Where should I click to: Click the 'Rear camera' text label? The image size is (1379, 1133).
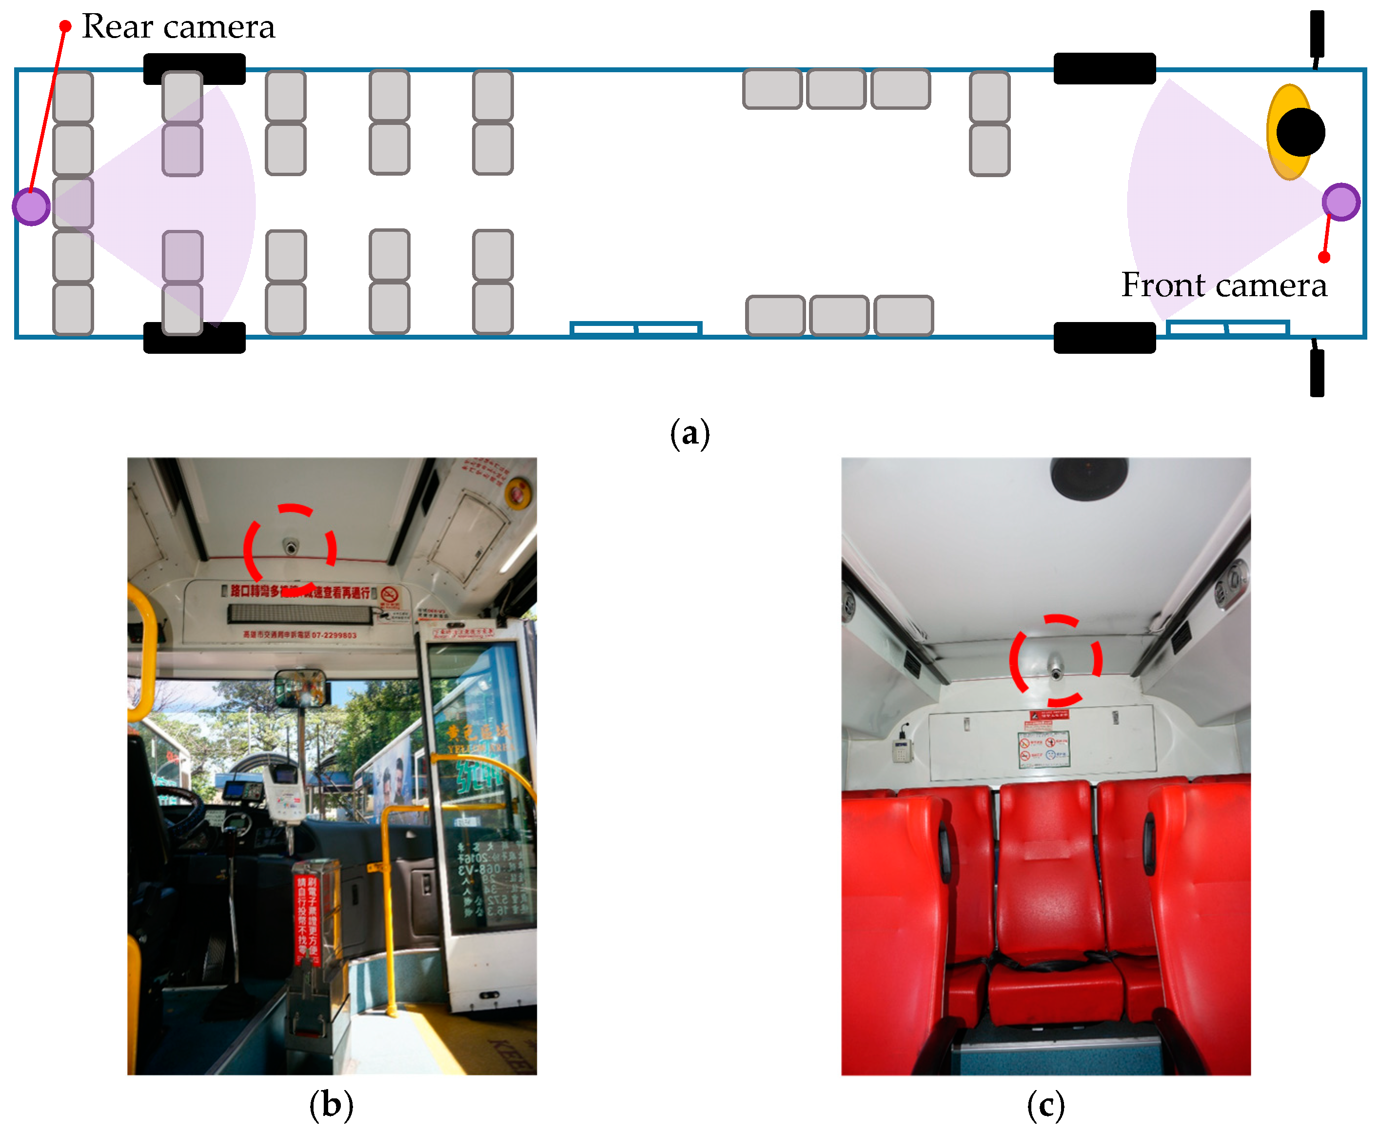point(178,27)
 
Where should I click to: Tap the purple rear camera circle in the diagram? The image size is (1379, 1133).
point(31,206)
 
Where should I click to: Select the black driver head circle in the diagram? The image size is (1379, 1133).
point(1300,133)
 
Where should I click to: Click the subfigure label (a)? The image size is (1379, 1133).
point(689,434)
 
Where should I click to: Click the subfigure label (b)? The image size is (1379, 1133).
point(332,1105)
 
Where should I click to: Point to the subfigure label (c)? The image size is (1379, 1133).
point(1045,1105)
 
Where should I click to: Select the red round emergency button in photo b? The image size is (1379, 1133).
point(517,493)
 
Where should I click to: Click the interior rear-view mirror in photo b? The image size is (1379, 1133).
point(301,688)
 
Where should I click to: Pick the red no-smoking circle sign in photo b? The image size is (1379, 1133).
point(390,595)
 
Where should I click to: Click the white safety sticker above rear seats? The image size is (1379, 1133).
point(1044,749)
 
